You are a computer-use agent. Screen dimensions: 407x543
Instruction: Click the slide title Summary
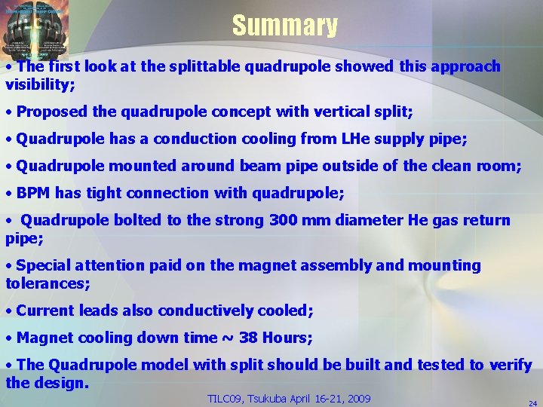[x=284, y=26]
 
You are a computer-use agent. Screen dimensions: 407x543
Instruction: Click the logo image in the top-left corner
[x=35, y=30]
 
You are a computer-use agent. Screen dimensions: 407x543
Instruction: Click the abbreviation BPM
[x=32, y=193]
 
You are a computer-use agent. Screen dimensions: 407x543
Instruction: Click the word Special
[x=41, y=265]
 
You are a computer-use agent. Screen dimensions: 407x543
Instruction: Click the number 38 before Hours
[x=247, y=338]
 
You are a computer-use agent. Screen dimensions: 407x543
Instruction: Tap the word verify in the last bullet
[x=511, y=365]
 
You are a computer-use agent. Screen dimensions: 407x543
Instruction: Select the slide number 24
[x=532, y=403]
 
